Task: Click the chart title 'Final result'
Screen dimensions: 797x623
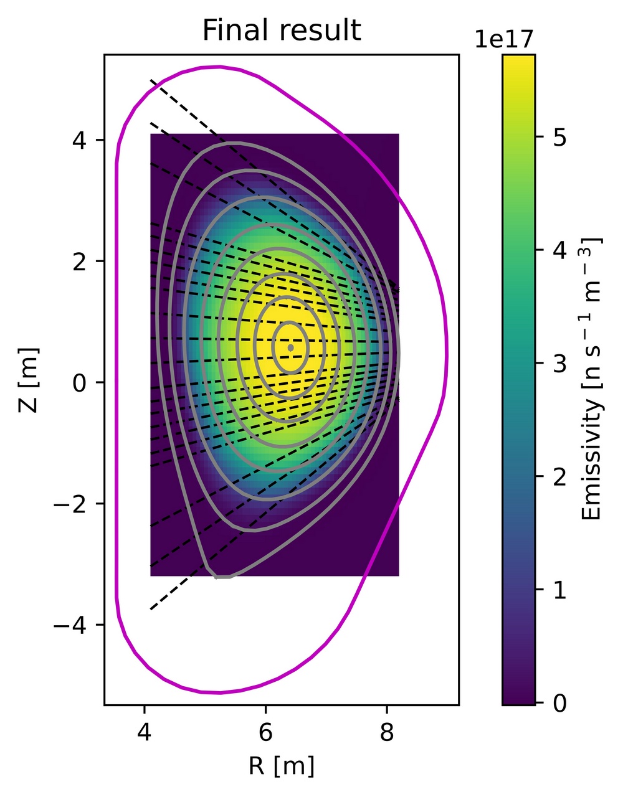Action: tap(282, 31)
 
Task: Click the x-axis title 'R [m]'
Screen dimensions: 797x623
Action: tap(282, 766)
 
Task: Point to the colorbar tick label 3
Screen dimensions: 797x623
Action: tap(559, 364)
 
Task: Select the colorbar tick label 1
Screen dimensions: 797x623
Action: tap(559, 590)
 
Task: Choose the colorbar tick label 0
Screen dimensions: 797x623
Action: tap(559, 703)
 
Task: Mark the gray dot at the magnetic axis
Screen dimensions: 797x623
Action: tap(290, 347)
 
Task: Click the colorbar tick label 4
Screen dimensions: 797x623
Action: tap(559, 250)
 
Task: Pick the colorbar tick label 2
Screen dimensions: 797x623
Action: tap(559, 476)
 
